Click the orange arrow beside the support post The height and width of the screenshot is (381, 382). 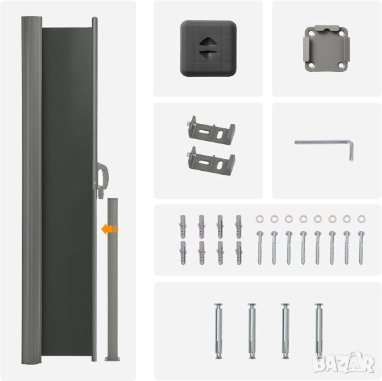109,229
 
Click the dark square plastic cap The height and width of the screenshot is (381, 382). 208,48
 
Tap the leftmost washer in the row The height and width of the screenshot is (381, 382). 260,218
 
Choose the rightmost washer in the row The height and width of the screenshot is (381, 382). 361,218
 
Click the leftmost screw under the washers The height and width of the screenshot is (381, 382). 260,248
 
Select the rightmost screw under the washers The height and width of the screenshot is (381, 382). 361,248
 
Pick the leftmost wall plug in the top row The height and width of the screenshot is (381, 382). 183,227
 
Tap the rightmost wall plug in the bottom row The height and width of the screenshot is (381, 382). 239,253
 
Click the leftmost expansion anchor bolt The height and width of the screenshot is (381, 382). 219,331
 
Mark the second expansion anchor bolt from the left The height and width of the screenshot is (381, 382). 252,331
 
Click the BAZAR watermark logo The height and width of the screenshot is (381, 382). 343,362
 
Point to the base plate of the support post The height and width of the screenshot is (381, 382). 112,359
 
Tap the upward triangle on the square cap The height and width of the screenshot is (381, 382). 206,41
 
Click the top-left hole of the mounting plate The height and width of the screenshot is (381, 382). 312,34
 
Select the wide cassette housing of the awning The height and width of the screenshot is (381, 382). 32,190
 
